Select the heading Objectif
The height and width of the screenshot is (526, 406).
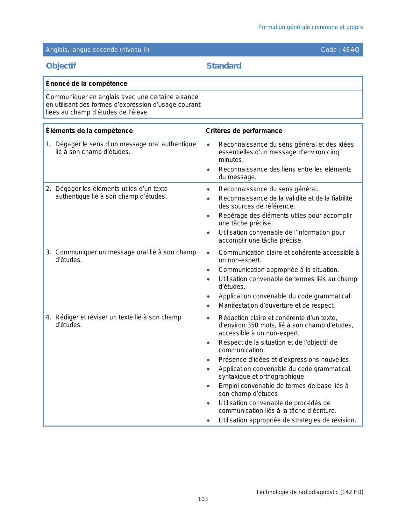[61, 66]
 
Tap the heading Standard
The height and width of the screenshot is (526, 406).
[224, 66]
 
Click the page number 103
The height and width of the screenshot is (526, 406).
[203, 499]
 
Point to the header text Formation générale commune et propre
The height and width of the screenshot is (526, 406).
[310, 27]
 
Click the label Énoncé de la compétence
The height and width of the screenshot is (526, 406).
[86, 84]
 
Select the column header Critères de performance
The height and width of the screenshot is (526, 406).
[244, 131]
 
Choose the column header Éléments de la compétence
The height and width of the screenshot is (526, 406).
[89, 131]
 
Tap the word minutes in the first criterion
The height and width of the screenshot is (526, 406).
[231, 160]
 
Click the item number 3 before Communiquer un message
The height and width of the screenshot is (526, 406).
[48, 252]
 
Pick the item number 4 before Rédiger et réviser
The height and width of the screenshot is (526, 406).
[48, 318]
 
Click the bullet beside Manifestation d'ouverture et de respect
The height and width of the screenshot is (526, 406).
[208, 306]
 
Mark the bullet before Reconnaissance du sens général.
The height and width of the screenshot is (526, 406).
[208, 189]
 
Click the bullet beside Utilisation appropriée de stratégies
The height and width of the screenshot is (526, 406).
[208, 420]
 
